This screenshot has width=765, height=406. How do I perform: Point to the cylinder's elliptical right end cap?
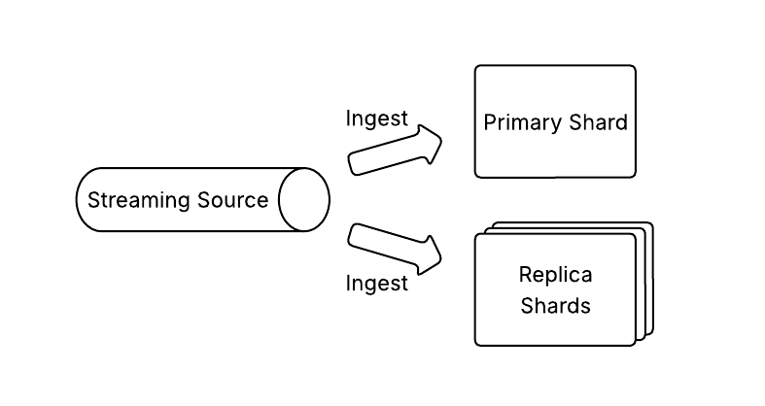[304, 200]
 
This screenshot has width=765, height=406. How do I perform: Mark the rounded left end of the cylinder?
[82, 200]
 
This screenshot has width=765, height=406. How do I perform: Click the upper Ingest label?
[377, 118]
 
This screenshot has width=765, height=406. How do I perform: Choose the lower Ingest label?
[377, 284]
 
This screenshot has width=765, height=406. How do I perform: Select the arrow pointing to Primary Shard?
[395, 151]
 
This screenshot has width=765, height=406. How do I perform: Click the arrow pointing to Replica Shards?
[395, 249]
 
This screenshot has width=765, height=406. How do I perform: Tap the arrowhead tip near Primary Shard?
[441, 145]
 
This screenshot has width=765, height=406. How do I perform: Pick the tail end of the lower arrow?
[354, 234]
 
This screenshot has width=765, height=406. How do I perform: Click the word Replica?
[555, 275]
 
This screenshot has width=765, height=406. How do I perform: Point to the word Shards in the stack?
[555, 306]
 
